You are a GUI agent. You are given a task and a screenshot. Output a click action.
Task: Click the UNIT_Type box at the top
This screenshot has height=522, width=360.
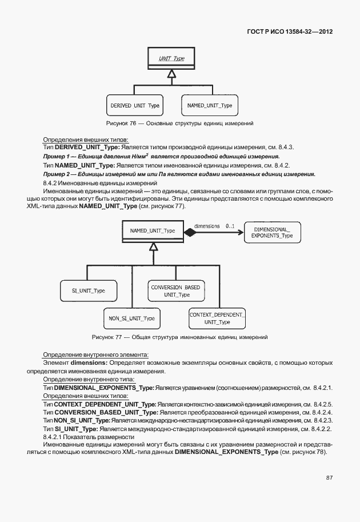click(170, 58)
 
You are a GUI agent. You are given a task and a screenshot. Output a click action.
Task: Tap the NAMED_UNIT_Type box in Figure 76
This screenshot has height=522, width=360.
click(209, 106)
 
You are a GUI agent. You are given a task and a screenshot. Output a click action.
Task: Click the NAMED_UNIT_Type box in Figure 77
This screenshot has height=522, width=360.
click(153, 231)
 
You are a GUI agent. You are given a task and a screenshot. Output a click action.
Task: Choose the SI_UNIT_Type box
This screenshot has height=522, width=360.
click(88, 290)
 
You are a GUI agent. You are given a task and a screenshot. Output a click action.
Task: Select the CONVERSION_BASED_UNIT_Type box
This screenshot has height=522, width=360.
click(176, 290)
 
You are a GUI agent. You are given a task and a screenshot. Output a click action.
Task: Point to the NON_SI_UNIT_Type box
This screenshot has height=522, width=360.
click(132, 318)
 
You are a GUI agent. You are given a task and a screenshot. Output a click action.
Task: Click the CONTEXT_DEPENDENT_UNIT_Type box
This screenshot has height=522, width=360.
click(217, 318)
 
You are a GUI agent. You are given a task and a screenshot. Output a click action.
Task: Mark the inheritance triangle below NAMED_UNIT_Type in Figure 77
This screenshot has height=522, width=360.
click(153, 246)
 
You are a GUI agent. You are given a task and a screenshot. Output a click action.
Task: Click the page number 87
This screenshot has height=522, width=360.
click(329, 477)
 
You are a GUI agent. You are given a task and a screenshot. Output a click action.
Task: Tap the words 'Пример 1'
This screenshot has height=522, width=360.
click(56, 156)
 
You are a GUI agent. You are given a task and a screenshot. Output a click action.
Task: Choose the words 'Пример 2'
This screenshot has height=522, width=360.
click(56, 174)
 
